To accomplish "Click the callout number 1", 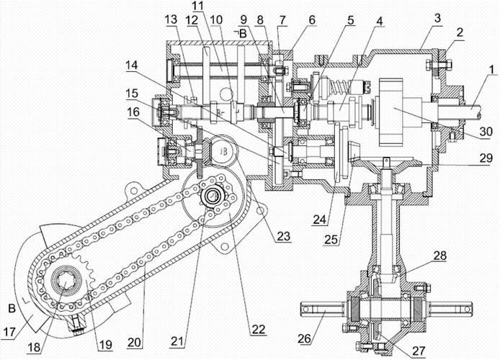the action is pos(491,69).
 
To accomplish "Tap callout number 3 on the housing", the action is pos(438,18).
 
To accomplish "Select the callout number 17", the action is pos(9,332).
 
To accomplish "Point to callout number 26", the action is pos(305,338).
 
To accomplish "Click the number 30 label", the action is pos(486,131).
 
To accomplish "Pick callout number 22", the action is pos(259,330).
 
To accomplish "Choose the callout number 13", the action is pos(171,19).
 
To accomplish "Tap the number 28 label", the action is pos(439,256).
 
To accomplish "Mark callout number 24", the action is pos(320,220).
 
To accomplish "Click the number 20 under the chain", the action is pos(134,342).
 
